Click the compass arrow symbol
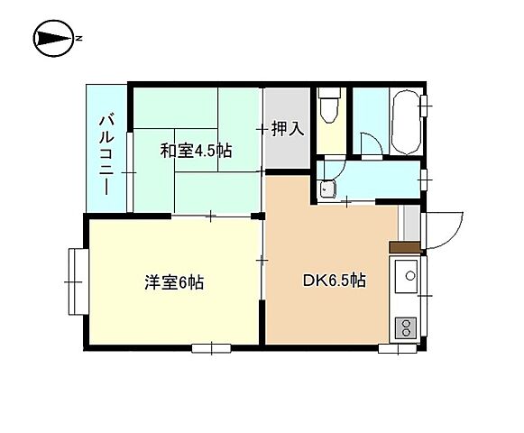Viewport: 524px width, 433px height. click(x=51, y=38)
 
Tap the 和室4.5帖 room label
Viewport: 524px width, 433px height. click(x=196, y=151)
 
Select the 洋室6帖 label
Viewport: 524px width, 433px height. click(x=174, y=282)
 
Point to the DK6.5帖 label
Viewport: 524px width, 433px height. click(x=333, y=281)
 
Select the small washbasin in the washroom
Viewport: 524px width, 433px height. click(x=326, y=188)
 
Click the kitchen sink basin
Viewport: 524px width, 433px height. click(x=406, y=273)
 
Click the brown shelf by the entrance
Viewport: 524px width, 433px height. click(x=404, y=245)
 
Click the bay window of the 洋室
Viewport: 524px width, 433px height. click(x=77, y=281)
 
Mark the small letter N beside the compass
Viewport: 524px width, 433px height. click(x=79, y=38)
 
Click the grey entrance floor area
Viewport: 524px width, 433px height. click(x=409, y=222)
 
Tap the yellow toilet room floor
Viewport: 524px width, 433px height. click(x=331, y=135)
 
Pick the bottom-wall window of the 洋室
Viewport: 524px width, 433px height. click(x=210, y=347)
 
